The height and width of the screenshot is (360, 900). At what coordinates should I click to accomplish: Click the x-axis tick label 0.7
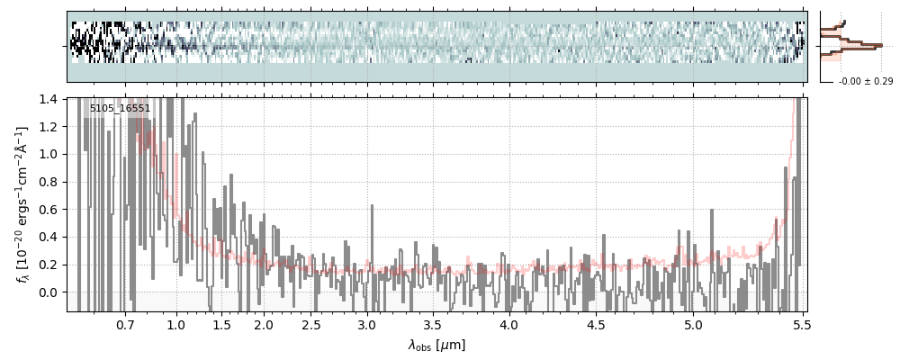coord(124,324)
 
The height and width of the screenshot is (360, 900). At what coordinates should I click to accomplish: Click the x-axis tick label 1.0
coord(176,324)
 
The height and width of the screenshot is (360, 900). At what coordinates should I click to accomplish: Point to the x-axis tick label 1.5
coord(220,324)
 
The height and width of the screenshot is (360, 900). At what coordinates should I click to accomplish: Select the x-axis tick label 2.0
coord(264,324)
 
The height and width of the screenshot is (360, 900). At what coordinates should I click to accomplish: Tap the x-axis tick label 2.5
coord(311,324)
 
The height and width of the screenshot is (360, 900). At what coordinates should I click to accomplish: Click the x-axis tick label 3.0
coord(366,324)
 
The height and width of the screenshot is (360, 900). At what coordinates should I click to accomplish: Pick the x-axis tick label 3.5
coord(433,324)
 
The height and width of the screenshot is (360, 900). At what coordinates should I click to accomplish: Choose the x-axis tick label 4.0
coord(509,324)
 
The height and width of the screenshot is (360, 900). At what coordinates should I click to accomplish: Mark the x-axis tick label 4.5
coord(596,324)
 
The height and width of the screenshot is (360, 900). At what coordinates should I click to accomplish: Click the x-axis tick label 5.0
coord(694,324)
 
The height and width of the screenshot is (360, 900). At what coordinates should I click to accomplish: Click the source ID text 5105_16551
coord(120,109)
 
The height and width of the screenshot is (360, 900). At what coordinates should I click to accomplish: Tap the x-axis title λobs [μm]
coord(436,345)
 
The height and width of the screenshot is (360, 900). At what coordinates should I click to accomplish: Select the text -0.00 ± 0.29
coord(865,82)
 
